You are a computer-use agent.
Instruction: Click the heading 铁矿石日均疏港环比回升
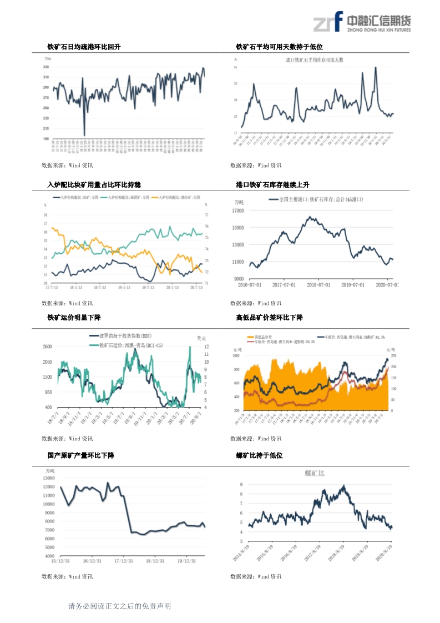point(84,47)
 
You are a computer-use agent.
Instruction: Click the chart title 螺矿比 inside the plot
point(315,473)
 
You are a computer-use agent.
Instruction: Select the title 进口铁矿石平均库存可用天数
point(315,59)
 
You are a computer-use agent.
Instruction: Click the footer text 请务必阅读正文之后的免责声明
point(119,606)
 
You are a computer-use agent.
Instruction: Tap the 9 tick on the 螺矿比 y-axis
point(241,485)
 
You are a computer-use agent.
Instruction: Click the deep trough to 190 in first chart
point(84,135)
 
